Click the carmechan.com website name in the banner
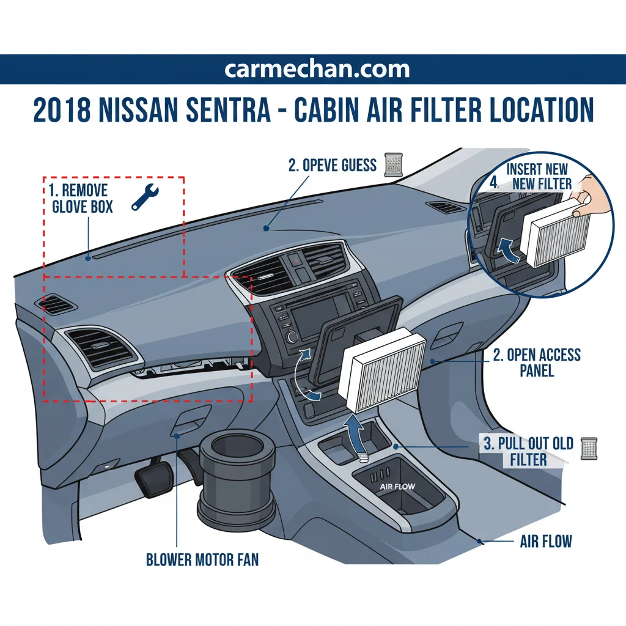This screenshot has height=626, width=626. click(317, 69)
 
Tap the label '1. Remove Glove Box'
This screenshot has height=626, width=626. click(81, 199)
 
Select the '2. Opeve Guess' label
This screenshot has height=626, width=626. click(332, 165)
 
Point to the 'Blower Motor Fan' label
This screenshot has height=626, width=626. click(202, 559)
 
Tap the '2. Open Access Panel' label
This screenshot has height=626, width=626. click(537, 363)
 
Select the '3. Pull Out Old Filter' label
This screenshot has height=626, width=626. click(528, 452)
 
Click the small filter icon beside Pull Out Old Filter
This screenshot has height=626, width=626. click(589, 449)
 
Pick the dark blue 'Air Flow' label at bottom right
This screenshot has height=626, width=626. click(546, 542)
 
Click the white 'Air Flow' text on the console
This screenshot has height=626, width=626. click(397, 487)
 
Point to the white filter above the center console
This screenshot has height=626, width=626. click(382, 370)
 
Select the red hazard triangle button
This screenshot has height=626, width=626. click(296, 262)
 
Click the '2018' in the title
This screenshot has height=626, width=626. click(62, 109)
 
